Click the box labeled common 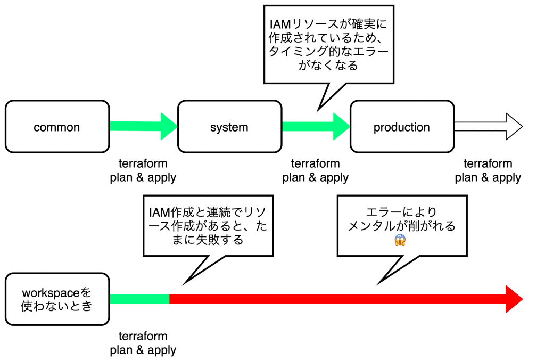point(57,127)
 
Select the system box point(229,127)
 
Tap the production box point(402,127)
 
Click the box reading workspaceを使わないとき point(57,299)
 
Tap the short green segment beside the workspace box point(139,299)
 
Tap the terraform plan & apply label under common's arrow point(143,170)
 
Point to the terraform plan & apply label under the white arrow point(488,170)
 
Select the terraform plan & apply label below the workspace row point(143,343)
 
